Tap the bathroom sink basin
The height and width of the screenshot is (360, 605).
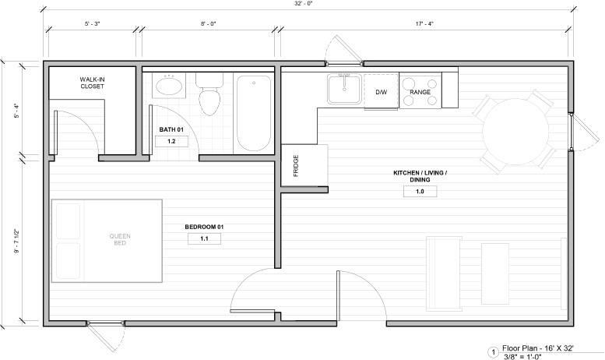pyautogui.click(x=170, y=86)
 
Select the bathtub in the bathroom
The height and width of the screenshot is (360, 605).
pyautogui.click(x=254, y=113)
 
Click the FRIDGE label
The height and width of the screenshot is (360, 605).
pyautogui.click(x=296, y=166)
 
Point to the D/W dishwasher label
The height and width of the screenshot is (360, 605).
pyautogui.click(x=382, y=92)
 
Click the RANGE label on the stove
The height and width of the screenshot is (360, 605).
pyautogui.click(x=420, y=92)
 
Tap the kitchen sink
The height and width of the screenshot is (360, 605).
pyautogui.click(x=344, y=90)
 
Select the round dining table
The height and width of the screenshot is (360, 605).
pyautogui.click(x=515, y=132)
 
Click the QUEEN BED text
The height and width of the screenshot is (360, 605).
pyautogui.click(x=120, y=239)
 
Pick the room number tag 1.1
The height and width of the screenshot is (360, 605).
pyautogui.click(x=204, y=238)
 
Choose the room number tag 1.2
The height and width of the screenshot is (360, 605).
pyautogui.click(x=171, y=141)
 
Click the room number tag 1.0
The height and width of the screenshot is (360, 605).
pyautogui.click(x=420, y=191)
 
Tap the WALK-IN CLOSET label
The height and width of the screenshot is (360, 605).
pyautogui.click(x=92, y=83)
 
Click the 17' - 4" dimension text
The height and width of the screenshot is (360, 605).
pyautogui.click(x=424, y=23)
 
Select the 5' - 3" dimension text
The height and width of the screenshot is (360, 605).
pyautogui.click(x=92, y=23)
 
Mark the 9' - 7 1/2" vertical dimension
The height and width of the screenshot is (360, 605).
pyautogui.click(x=17, y=242)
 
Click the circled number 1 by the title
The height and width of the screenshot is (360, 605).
pyautogui.click(x=493, y=352)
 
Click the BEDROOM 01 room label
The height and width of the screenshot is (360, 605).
pyautogui.click(x=204, y=227)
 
